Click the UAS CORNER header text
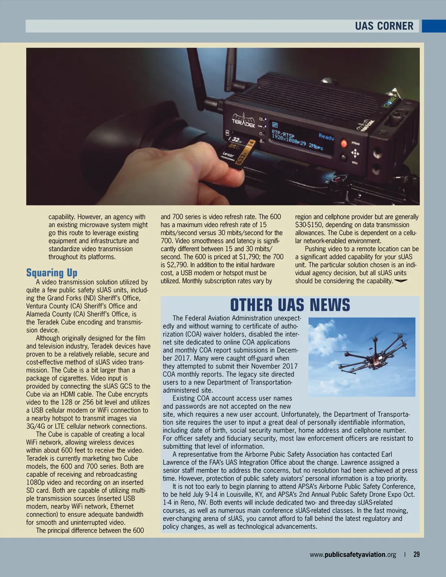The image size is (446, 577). [x=384, y=26]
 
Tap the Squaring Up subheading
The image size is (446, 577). [x=52, y=273]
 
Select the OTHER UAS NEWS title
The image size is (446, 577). [x=290, y=305]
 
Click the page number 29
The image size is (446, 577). [x=417, y=554]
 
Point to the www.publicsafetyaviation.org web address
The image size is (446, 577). [x=353, y=555]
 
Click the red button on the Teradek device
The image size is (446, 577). [x=344, y=143]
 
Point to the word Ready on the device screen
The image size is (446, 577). [x=326, y=137]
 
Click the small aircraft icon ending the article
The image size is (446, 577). [x=401, y=281]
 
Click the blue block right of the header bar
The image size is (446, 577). [x=434, y=26]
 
